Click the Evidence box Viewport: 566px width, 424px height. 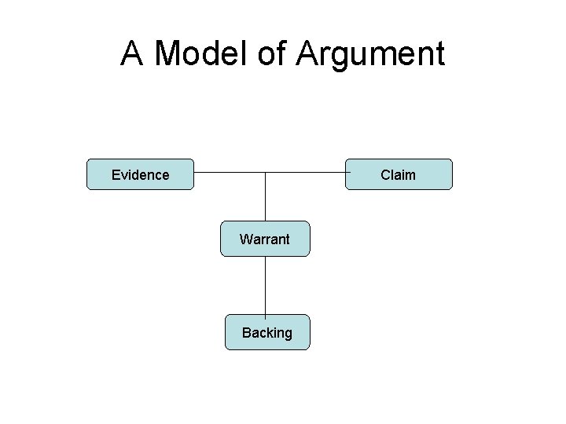coord(140,174)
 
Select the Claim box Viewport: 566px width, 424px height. coord(399,174)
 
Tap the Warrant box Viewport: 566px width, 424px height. coord(265,239)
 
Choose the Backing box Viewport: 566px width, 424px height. coord(267,332)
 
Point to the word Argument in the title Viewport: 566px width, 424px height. coord(370,55)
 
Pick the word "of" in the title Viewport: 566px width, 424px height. coord(278,54)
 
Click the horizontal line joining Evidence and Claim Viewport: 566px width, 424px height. coord(228,172)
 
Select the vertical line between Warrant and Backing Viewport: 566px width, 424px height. coord(266,286)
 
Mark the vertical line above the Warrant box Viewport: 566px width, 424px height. coord(266,196)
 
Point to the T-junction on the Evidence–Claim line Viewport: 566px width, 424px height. coord(266,172)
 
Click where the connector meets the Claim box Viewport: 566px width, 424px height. coord(347,172)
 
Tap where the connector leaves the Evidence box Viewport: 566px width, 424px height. coord(194,172)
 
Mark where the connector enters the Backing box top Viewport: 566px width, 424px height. coord(266,315)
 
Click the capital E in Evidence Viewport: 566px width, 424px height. coord(116,175)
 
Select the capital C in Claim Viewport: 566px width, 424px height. coord(385,175)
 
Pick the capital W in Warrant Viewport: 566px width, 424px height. coord(245,239)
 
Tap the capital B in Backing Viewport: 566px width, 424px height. coord(246,333)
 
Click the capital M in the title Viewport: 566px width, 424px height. coord(171,54)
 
